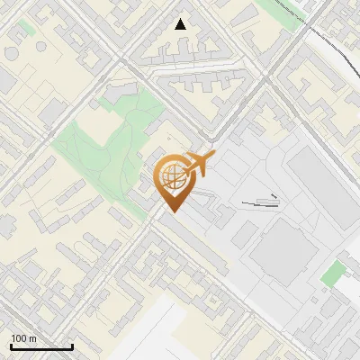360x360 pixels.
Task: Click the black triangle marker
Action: tap(181, 24)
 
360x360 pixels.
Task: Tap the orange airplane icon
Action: tap(199, 164)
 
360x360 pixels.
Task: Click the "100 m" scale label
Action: tap(23, 338)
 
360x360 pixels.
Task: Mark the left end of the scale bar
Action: tap(11, 346)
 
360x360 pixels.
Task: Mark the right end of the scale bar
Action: tap(72, 346)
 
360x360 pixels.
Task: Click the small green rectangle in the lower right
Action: tap(333, 273)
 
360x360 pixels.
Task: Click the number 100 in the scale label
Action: tap(18, 338)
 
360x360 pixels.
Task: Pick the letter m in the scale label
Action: tap(32, 338)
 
